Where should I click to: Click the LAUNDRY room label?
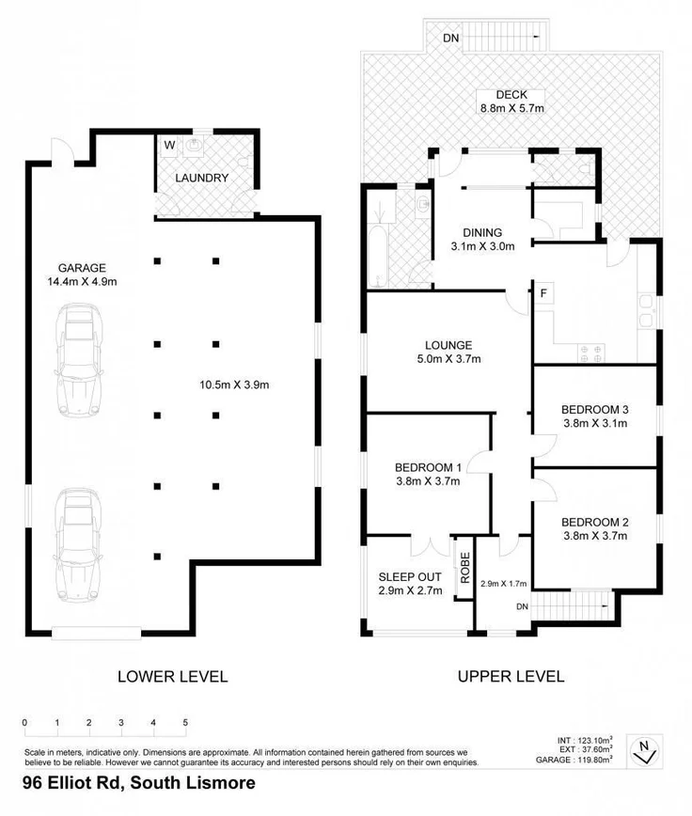201,178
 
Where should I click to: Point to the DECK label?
511,95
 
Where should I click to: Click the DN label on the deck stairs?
451,39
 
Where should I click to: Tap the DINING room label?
481,232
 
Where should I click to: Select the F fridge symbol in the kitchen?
543,294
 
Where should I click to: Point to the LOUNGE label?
448,345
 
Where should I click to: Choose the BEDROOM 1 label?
428,467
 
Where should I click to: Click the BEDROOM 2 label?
594,522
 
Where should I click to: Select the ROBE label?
464,566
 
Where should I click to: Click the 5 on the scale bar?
186,722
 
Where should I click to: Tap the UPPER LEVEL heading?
511,676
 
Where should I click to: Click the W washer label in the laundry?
169,145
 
